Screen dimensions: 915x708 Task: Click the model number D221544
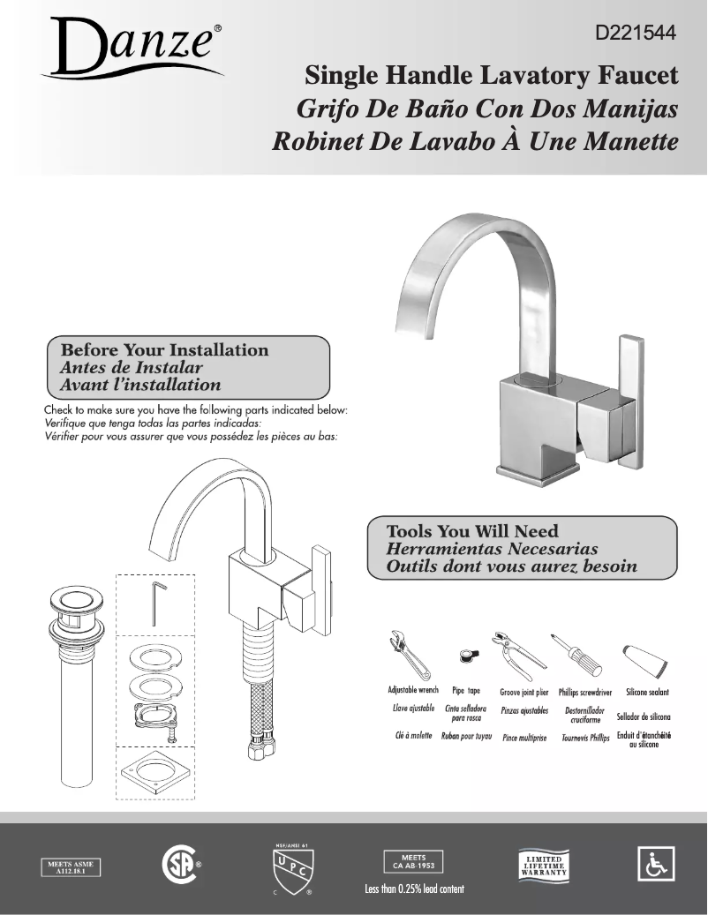[636, 34]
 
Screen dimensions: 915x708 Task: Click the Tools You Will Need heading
[473, 531]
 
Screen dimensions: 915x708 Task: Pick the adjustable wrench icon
[409, 654]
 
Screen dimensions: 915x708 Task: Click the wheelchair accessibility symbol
[655, 863]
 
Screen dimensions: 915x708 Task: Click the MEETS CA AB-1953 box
[413, 861]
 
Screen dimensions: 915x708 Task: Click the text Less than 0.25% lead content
[414, 889]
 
